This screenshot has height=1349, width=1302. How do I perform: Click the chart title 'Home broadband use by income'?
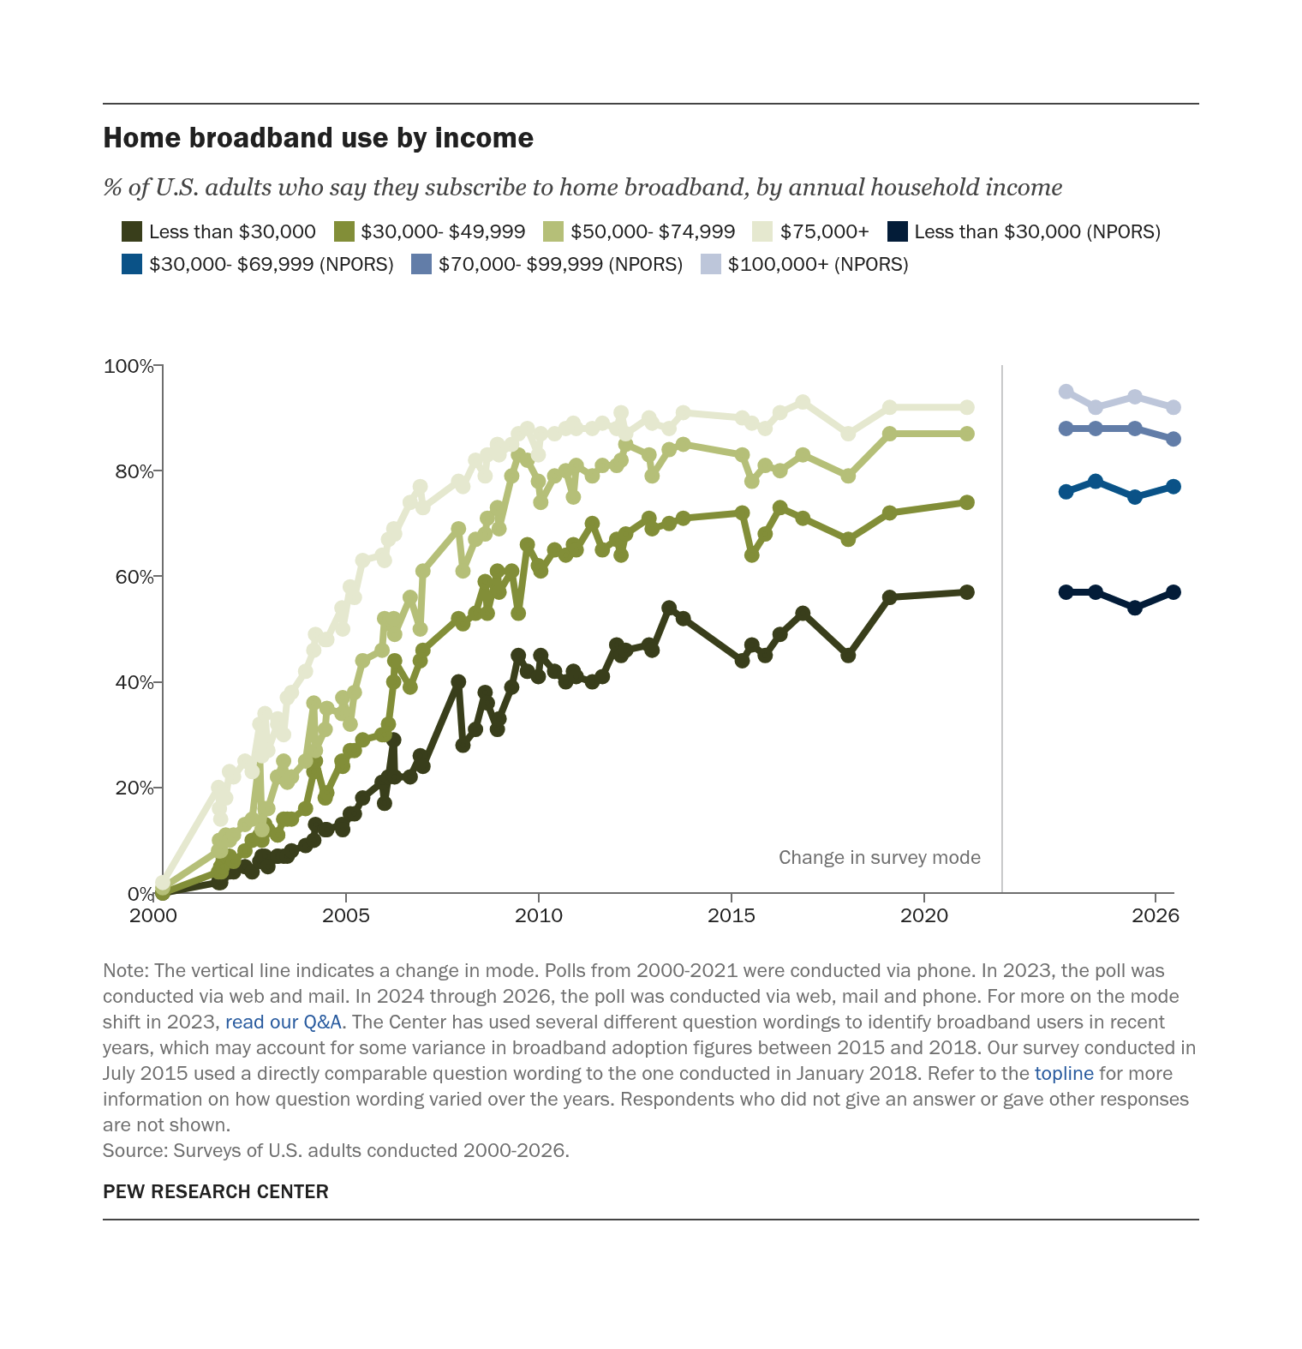tap(318, 138)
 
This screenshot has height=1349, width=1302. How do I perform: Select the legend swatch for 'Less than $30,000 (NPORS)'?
tap(897, 231)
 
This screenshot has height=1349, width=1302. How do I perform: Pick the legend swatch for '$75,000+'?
tap(762, 231)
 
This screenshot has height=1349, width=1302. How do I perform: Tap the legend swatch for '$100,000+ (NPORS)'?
tap(711, 264)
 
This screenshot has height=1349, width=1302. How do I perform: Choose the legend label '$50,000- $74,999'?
tap(653, 231)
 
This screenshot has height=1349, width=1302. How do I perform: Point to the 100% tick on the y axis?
tap(158, 366)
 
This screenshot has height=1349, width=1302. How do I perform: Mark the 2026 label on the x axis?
tap(1156, 915)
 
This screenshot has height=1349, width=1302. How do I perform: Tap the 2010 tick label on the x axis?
tap(539, 915)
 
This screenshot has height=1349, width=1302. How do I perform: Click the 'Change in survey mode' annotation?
tap(880, 858)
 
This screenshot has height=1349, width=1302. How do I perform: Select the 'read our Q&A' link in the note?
tap(284, 1022)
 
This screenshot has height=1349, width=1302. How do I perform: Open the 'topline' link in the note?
tap(1064, 1073)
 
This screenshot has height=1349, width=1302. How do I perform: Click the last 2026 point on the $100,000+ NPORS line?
tap(1174, 407)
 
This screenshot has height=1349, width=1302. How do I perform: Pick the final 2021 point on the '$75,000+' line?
tap(966, 407)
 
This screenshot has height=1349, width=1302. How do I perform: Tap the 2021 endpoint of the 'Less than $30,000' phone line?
tap(966, 592)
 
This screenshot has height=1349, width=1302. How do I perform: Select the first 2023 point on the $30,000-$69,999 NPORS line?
tap(1066, 492)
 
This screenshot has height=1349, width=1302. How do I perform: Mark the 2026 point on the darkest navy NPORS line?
tap(1174, 592)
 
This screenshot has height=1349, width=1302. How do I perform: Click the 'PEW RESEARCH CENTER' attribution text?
tap(216, 1191)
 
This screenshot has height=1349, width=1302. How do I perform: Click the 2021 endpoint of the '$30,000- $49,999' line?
tap(966, 502)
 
